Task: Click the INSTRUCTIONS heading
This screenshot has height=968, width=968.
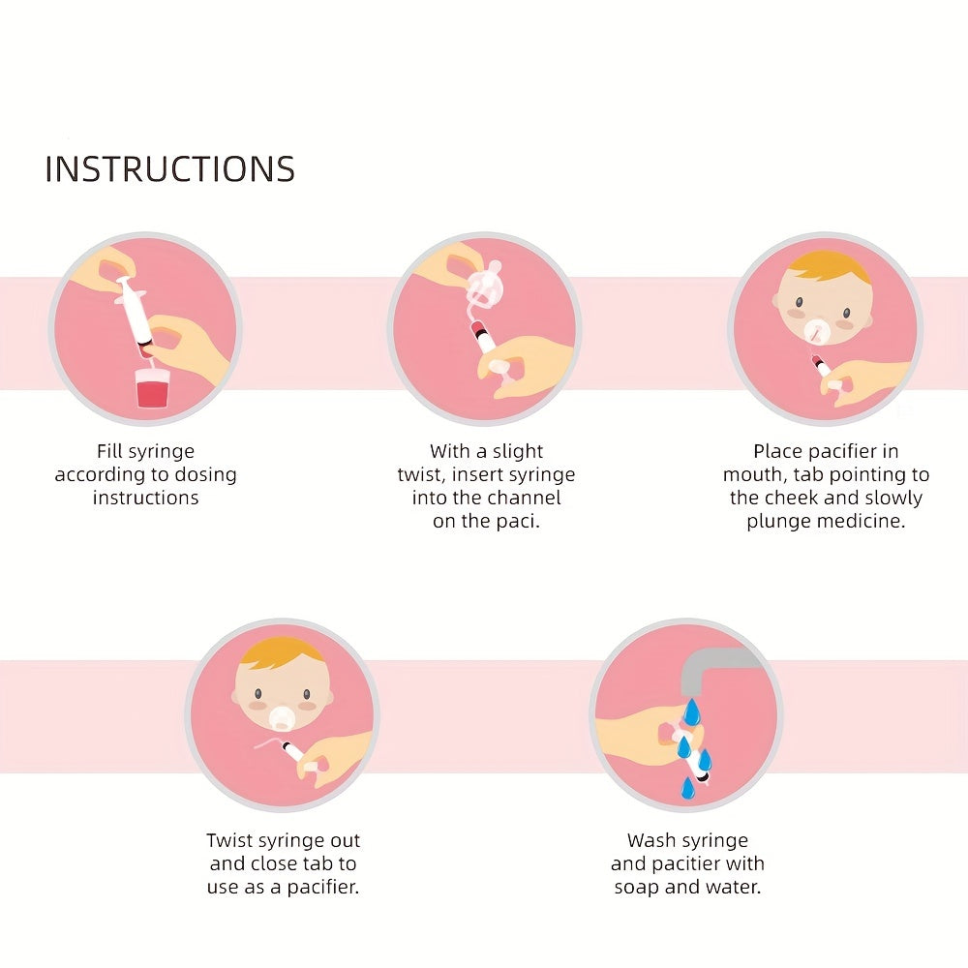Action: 169,168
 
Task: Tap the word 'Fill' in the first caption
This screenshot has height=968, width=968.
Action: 111,451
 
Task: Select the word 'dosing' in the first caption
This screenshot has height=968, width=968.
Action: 201,474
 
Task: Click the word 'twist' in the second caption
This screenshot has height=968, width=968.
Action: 426,474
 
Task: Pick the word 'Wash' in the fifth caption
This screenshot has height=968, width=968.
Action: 650,840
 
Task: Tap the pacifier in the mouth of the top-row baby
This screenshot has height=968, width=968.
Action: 820,331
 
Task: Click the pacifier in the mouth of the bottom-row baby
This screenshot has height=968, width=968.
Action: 283,716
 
